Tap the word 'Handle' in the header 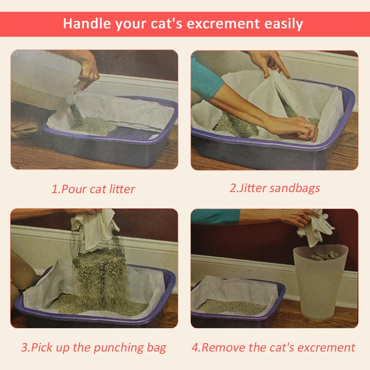pyautogui.click(x=85, y=24)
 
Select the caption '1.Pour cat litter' pyautogui.click(x=93, y=189)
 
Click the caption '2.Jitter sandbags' pyautogui.click(x=275, y=188)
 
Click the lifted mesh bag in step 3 pyautogui.click(x=95, y=231)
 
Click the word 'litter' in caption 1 pyautogui.click(x=122, y=189)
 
